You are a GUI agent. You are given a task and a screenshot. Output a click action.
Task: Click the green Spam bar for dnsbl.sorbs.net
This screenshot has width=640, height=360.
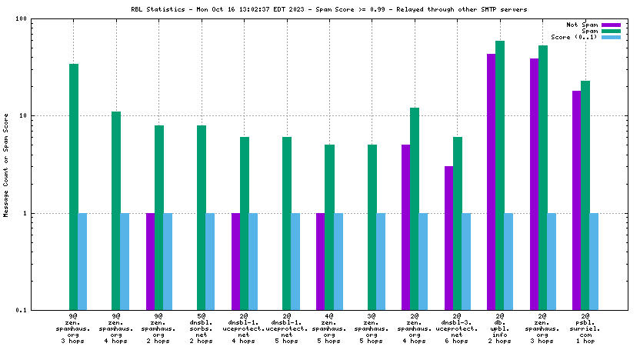click(x=202, y=217)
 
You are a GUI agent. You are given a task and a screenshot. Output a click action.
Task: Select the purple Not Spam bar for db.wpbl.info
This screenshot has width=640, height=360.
click(x=491, y=182)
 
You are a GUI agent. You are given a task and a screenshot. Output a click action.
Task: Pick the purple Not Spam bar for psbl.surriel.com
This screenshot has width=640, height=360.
click(x=576, y=200)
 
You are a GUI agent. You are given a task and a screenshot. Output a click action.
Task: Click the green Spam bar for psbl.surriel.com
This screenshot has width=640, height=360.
click(x=585, y=195)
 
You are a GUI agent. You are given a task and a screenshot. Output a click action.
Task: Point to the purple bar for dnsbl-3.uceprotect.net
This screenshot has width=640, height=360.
click(x=448, y=238)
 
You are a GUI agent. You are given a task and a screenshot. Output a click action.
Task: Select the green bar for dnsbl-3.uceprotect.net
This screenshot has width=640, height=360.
click(x=458, y=223)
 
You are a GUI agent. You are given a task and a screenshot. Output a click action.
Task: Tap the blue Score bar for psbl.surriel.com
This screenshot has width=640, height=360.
click(x=594, y=262)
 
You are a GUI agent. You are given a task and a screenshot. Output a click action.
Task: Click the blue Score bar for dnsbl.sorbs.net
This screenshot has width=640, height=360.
click(x=210, y=262)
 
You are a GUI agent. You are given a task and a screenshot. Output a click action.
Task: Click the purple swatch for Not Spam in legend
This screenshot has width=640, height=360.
click(x=611, y=25)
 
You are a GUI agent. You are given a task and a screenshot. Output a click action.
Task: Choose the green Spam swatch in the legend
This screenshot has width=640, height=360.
click(x=611, y=31)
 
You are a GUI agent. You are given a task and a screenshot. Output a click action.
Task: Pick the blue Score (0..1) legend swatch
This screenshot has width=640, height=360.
click(x=611, y=37)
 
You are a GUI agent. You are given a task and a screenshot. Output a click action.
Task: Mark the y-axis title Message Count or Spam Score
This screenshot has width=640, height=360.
click(x=7, y=165)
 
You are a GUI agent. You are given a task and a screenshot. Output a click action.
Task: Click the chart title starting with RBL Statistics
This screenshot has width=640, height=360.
click(x=329, y=8)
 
